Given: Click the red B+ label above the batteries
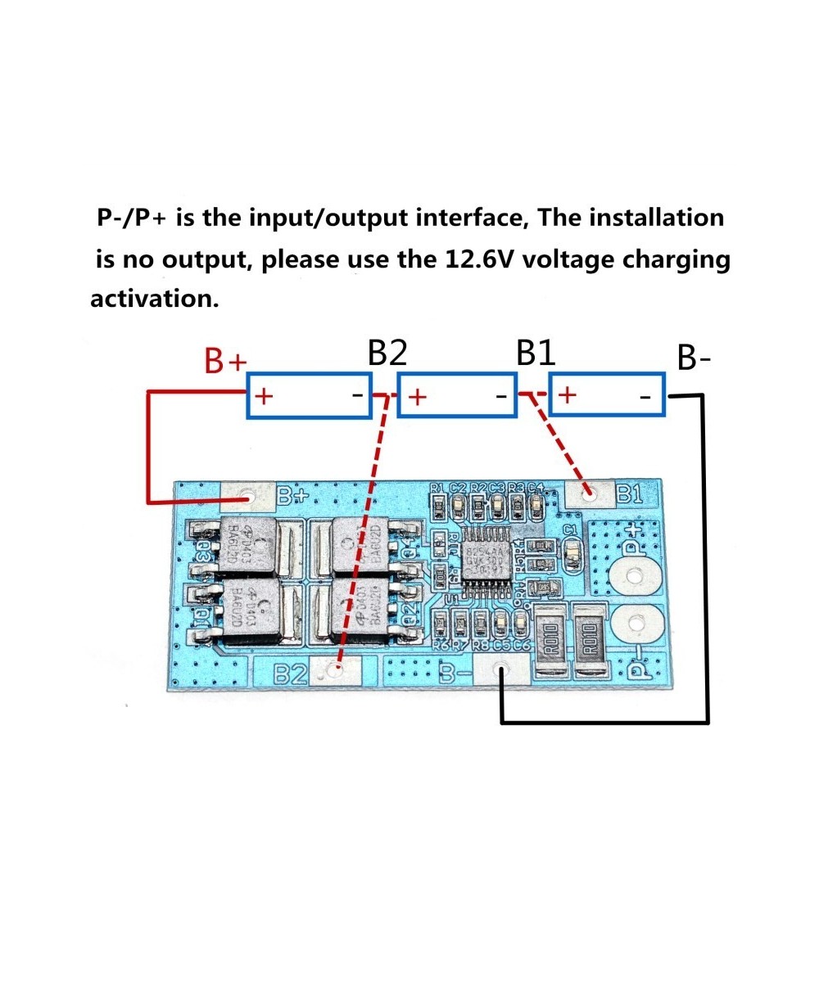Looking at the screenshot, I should click(x=225, y=361).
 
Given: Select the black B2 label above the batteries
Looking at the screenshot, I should click(x=387, y=354).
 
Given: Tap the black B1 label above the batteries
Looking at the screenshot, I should click(x=536, y=354).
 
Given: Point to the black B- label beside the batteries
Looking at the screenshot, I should click(x=695, y=358).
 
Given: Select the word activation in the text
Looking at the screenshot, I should click(x=155, y=299).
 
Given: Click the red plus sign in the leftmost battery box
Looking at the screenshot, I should click(x=264, y=397).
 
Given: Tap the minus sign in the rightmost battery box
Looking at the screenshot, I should click(x=645, y=397).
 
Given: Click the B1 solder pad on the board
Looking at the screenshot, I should click(x=589, y=493).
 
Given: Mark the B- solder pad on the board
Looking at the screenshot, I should click(x=500, y=672).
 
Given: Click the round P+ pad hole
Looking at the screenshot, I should click(x=636, y=577).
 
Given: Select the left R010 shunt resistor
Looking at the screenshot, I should click(x=550, y=637).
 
